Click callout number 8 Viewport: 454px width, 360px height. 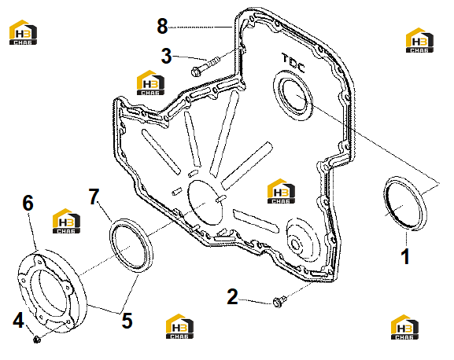pyautogui.click(x=162, y=26)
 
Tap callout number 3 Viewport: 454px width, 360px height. pyautogui.click(x=166, y=56)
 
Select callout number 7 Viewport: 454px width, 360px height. pyautogui.click(x=94, y=197)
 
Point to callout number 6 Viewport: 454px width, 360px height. pyautogui.click(x=28, y=203)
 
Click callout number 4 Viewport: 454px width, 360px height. pyautogui.click(x=18, y=320)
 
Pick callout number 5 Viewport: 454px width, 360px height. pyautogui.click(x=127, y=321)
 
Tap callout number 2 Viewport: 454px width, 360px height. pyautogui.click(x=232, y=296)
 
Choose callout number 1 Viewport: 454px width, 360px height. pyautogui.click(x=405, y=256)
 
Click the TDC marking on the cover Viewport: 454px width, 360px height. pyautogui.click(x=293, y=63)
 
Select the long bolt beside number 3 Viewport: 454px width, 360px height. pyautogui.click(x=205, y=67)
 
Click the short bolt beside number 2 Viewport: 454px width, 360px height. pyautogui.click(x=279, y=301)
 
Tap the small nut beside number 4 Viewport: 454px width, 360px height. pyautogui.click(x=36, y=339)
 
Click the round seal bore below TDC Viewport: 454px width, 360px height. pyautogui.click(x=293, y=96)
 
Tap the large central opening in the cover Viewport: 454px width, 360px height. pyautogui.click(x=205, y=203)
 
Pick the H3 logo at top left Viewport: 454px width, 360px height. pyautogui.click(x=23, y=32)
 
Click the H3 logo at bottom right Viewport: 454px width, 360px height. pyautogui.click(x=404, y=327)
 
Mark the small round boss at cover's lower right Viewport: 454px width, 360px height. pyautogui.click(x=295, y=244)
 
